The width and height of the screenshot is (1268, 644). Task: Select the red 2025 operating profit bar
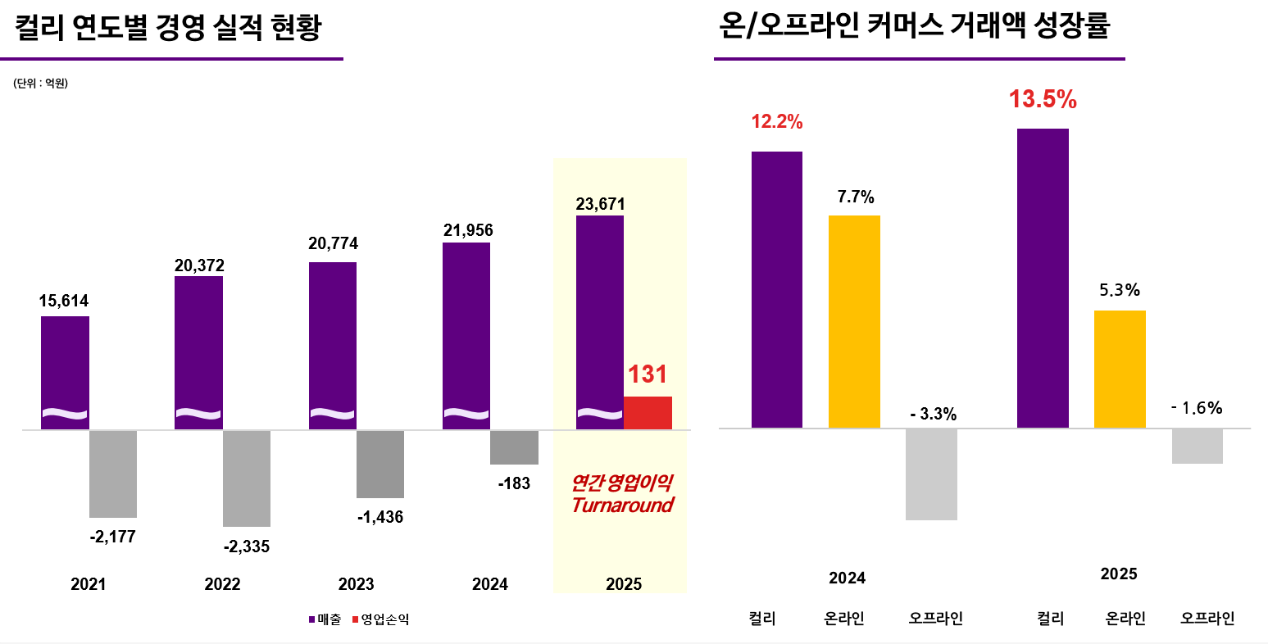[648, 413]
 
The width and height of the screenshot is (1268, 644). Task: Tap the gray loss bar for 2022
[247, 478]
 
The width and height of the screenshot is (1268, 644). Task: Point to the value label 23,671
[600, 204]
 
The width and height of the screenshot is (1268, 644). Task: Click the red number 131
[648, 374]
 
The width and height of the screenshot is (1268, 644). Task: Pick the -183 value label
[514, 483]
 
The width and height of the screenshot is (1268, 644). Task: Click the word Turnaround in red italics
[622, 506]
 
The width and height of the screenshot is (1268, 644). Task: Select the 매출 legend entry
[325, 619]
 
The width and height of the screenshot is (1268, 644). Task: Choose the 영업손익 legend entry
[380, 619]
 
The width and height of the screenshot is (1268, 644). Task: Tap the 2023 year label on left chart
[356, 584]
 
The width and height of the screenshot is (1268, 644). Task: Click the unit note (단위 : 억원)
[40, 84]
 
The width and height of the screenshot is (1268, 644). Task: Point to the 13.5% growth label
[1043, 100]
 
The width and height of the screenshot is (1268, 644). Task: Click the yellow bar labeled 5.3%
[1120, 369]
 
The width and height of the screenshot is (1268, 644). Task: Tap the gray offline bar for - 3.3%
[931, 474]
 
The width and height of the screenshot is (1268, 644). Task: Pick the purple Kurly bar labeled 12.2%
[776, 289]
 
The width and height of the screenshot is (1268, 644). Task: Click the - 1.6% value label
[1197, 408]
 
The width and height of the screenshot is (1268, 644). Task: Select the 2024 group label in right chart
[847, 578]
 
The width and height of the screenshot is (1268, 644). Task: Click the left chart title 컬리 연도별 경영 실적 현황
[169, 28]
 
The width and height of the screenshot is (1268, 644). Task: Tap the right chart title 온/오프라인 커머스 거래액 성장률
[914, 26]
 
